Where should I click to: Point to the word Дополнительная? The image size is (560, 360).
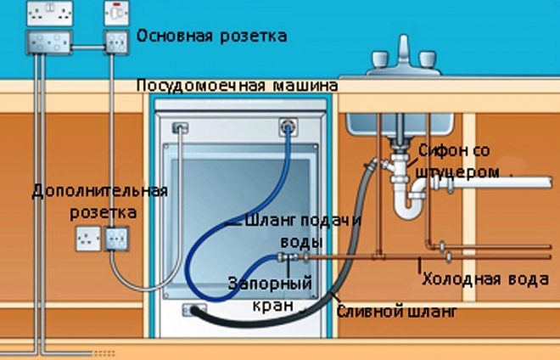(x=100, y=189)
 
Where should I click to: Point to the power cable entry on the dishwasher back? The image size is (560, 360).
(x=179, y=128)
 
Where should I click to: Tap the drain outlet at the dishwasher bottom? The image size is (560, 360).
(x=194, y=309)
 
